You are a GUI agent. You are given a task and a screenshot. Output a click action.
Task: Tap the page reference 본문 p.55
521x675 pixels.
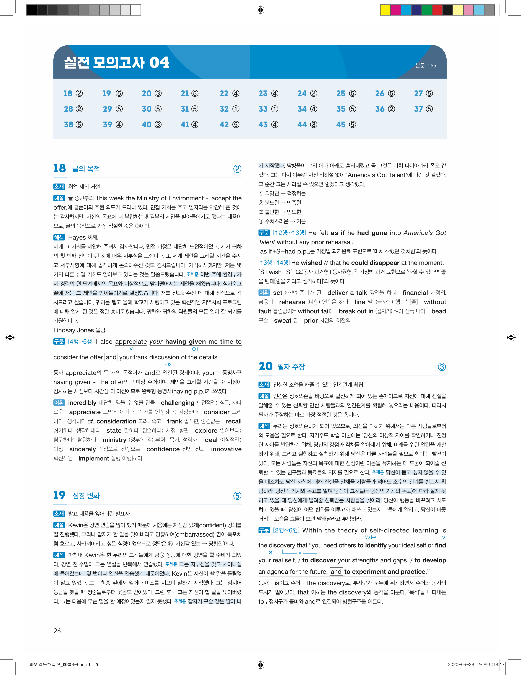(x=426, y=66)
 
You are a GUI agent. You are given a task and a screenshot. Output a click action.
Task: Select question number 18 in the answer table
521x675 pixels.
(x=68, y=93)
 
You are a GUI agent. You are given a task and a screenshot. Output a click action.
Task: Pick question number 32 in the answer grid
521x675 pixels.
(x=224, y=109)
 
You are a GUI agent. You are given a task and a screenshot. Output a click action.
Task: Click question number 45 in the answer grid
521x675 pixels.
(x=341, y=125)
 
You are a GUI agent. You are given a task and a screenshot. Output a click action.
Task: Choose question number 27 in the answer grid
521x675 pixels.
(x=418, y=93)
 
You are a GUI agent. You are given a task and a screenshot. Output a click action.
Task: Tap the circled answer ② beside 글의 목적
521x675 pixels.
(x=237, y=169)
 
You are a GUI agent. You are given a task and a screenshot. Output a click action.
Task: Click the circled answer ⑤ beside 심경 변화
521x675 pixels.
(x=237, y=496)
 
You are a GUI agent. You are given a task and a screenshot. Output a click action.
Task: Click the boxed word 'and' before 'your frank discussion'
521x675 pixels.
(x=111, y=357)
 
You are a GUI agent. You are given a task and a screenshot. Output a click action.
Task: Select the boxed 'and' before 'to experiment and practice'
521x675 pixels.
(x=336, y=572)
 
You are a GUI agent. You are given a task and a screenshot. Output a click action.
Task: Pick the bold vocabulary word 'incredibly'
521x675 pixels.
(x=82, y=403)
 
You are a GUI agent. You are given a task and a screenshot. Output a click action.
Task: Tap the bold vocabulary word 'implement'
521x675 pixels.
(x=94, y=458)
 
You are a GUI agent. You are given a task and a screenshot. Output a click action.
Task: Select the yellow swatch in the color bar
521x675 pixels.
(x=385, y=10)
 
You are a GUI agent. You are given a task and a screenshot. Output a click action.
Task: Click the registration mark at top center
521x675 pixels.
(x=260, y=10)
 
